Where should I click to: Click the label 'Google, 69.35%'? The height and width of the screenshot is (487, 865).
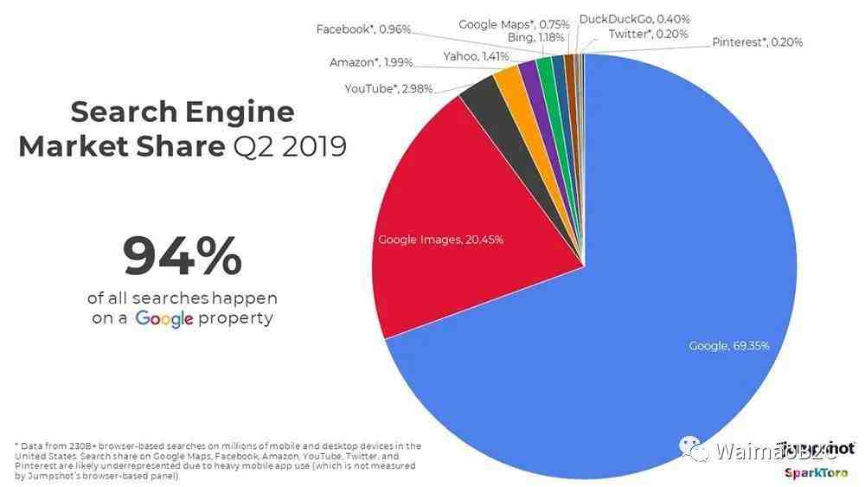(728, 346)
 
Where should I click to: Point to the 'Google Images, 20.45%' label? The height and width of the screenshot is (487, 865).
(440, 239)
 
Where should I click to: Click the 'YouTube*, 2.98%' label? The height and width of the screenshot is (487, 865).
(388, 88)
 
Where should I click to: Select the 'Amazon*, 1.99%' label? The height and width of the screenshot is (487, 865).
(371, 62)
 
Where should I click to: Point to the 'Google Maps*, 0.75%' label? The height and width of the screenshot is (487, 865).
(514, 24)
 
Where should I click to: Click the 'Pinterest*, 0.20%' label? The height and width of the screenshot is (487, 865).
(757, 42)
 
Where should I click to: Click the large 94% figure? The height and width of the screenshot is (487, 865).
(182, 256)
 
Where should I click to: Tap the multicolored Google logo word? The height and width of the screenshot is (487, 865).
(164, 318)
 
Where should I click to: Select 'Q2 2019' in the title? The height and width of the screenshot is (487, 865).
(291, 145)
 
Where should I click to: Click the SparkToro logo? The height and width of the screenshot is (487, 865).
(818, 472)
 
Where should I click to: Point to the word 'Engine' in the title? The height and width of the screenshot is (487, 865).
(239, 112)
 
